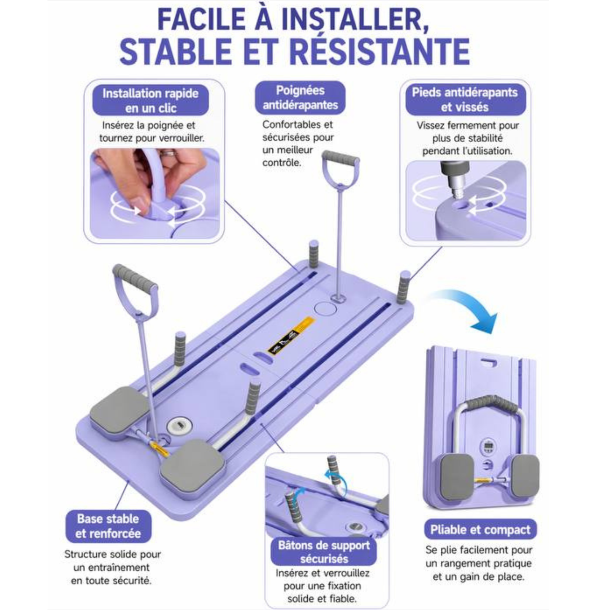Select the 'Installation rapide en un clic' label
[x=151, y=100]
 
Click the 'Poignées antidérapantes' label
[x=300, y=98]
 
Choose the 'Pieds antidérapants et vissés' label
[x=465, y=99]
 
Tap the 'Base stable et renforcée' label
[x=108, y=526]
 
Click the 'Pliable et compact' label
[x=480, y=530]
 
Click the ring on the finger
[x=168, y=154]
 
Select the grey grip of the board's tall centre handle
[x=340, y=157]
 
